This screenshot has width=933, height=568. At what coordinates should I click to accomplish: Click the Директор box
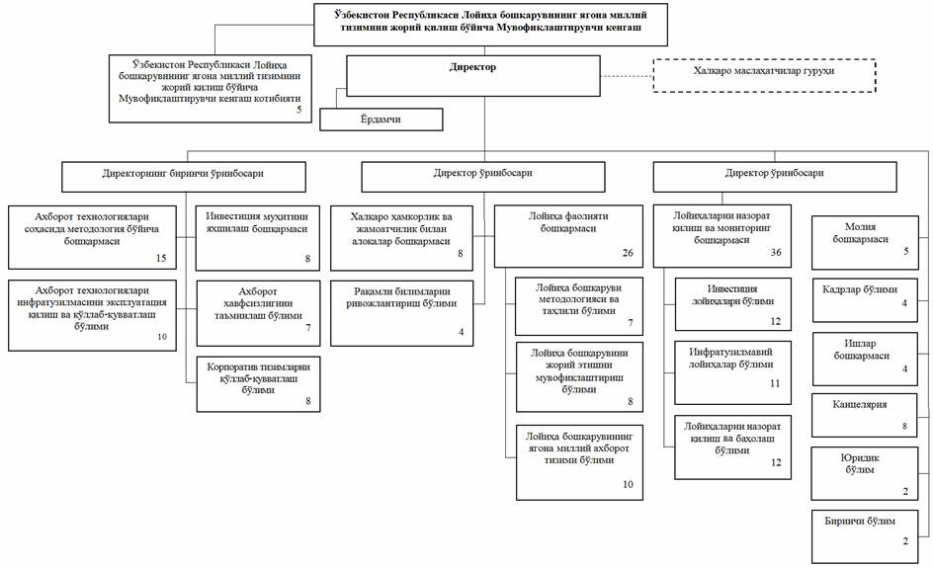click(x=473, y=75)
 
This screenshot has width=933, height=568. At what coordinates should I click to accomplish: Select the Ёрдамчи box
click(x=381, y=119)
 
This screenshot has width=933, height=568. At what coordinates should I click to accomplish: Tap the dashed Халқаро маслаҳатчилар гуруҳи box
click(x=765, y=75)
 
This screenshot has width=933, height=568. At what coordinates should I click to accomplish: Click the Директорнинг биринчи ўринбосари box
click(x=183, y=177)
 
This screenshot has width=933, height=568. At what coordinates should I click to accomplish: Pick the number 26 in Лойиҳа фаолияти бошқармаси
click(x=628, y=253)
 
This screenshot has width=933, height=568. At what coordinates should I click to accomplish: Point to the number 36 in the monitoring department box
click(x=776, y=252)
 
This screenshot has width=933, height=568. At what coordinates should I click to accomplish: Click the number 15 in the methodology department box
click(x=161, y=258)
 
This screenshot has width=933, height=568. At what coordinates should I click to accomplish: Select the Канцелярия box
click(x=864, y=415)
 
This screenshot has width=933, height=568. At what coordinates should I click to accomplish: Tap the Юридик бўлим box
click(x=864, y=473)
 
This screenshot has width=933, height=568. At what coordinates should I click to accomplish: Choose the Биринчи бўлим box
click(x=864, y=535)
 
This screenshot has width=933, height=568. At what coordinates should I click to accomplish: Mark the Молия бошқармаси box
click(x=865, y=243)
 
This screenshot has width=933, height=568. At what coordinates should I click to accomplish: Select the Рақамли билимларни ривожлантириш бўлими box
click(x=401, y=313)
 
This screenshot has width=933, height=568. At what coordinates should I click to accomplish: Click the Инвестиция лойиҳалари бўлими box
click(x=733, y=304)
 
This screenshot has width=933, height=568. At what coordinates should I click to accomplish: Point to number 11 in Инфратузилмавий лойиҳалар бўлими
click(x=775, y=383)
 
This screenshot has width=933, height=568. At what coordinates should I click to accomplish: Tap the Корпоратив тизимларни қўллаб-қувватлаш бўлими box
click(x=258, y=384)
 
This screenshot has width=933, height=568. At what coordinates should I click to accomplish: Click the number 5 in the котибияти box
click(x=299, y=110)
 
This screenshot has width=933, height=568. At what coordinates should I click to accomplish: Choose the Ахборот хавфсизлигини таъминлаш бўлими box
click(x=258, y=313)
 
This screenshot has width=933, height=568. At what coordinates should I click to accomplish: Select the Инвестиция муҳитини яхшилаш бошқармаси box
click(x=258, y=238)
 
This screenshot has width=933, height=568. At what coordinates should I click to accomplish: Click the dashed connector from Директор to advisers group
click(x=627, y=76)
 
